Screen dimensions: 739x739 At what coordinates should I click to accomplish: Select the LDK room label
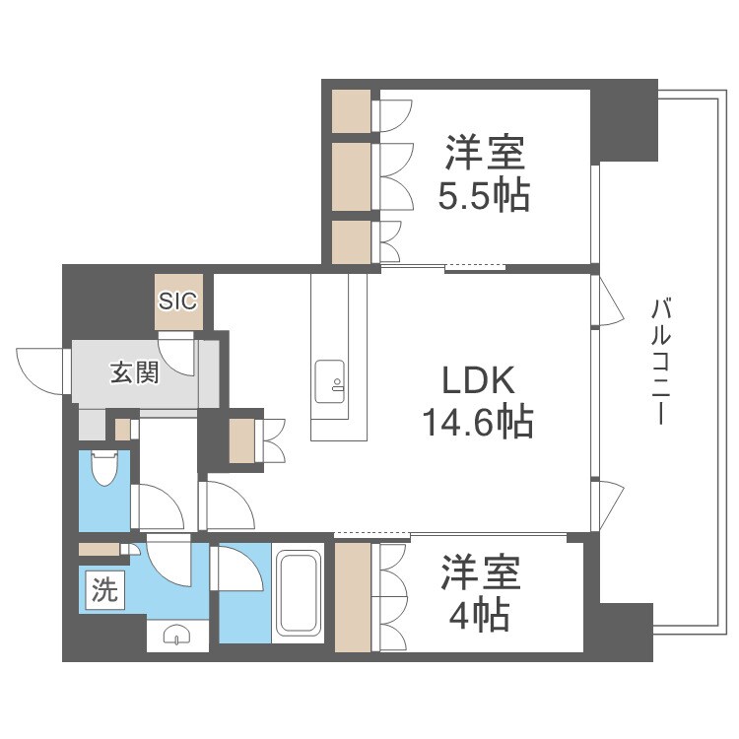478,381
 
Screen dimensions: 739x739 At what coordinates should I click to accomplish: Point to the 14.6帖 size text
478,423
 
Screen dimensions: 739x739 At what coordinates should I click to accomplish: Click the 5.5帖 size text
484,196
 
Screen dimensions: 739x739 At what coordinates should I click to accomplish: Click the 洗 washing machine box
102,591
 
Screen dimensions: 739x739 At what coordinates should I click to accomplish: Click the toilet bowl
102,467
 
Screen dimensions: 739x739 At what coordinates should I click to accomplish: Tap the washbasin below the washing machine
177,634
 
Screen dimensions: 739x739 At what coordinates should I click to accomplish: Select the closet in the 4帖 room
351,597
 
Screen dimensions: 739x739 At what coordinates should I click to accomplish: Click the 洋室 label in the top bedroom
484,155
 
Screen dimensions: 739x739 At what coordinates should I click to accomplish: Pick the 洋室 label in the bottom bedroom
480,573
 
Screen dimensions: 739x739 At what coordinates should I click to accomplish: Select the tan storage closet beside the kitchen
241,440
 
